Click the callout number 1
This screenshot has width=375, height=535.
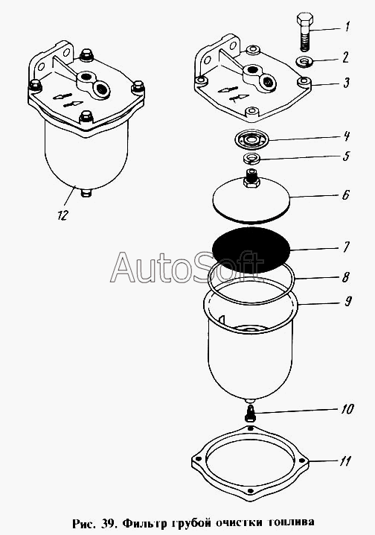point(347,26)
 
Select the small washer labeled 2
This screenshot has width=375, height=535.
point(304,61)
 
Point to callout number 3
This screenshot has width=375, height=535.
point(347,83)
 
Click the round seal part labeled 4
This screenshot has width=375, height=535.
point(252,139)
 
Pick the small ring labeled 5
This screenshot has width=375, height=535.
point(251,158)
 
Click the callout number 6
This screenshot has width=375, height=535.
point(345,195)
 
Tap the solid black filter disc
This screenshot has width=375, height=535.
point(251,250)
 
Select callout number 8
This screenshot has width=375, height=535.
point(345,276)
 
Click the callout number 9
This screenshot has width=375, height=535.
point(347,301)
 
